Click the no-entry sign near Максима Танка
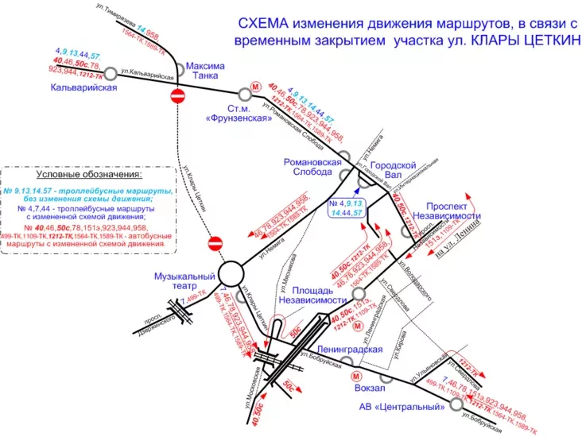pyautogui.click(x=178, y=96)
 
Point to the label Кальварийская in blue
pyautogui.click(x=83, y=87)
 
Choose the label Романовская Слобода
pyautogui.click(x=312, y=167)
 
